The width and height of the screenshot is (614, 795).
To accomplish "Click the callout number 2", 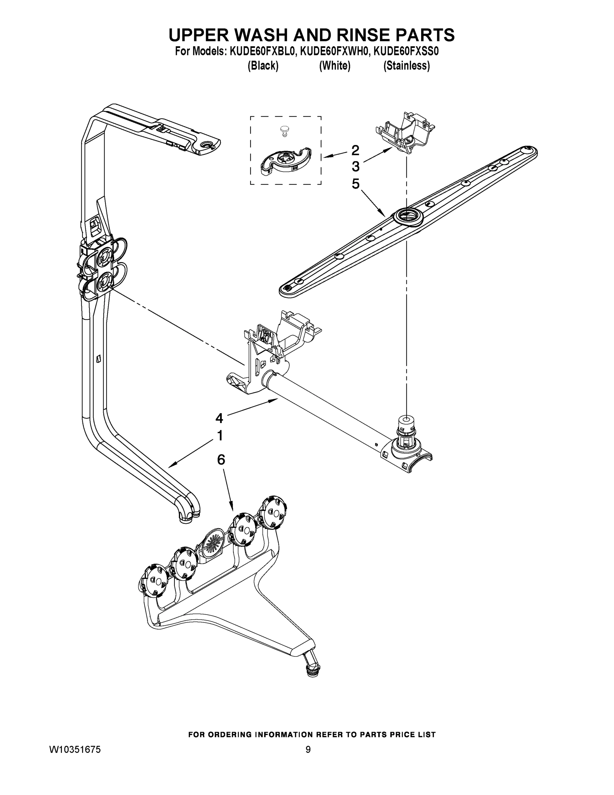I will (355, 150).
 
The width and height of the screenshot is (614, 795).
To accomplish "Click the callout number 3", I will (355, 167).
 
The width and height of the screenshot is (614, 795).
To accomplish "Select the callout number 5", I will (355, 184).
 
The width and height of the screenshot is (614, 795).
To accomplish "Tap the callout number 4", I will (219, 418).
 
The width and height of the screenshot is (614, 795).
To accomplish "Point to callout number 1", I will (220, 435).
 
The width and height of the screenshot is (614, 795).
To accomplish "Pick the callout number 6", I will (221, 460).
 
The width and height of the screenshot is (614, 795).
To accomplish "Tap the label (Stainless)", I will (406, 66).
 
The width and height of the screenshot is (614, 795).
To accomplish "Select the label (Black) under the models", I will (263, 66).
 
